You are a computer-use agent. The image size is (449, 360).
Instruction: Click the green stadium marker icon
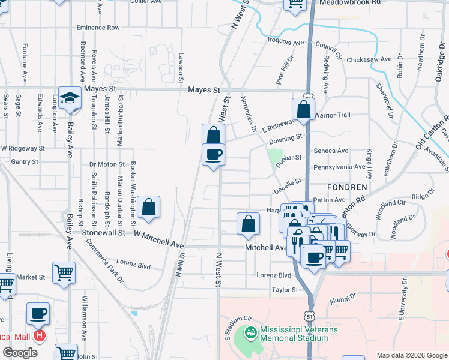pos(251,332)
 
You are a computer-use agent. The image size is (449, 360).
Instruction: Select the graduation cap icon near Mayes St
pos(70,98)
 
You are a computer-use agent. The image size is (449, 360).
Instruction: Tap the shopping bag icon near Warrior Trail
pos(304,110)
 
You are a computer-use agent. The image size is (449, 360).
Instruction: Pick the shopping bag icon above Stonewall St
pos(148,208)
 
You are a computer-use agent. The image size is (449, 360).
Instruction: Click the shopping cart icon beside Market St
pos(64,273)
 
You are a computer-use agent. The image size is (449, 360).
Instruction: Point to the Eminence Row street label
pos(98,28)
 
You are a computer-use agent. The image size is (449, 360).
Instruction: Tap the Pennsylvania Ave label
pos(339,166)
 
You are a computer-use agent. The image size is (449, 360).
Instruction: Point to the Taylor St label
pos(285,290)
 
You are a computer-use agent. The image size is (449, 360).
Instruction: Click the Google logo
pos(20,353)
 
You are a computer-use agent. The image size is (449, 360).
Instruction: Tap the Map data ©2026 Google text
pos(411,355)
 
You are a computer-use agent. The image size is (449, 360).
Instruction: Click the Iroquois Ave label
pos(286,43)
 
